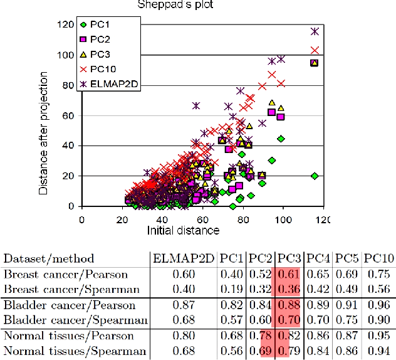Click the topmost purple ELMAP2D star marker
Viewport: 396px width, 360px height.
tap(315, 31)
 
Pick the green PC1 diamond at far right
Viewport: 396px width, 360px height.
tap(315, 176)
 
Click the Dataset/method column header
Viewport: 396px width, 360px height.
tap(49, 258)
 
